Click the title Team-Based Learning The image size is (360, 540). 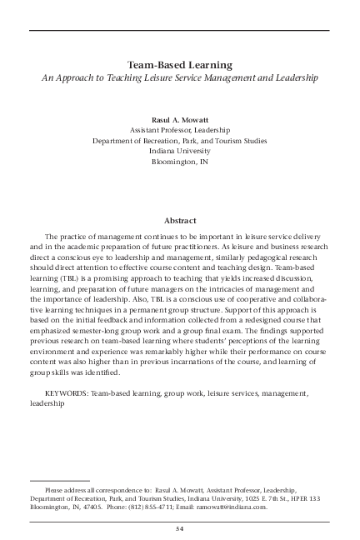point(179,64)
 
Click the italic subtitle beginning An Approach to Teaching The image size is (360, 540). point(180,77)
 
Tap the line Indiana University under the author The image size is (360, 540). point(180,151)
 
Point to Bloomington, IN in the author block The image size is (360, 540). point(180,162)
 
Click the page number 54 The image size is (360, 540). point(179,528)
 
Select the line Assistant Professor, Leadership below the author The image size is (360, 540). point(180,130)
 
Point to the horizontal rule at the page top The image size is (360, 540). point(179,31)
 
